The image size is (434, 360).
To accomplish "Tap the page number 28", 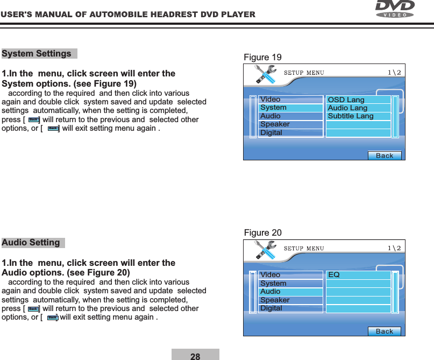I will tap(195, 356).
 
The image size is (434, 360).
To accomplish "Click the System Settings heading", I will tap(37, 54).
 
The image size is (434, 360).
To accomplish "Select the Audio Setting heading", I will tap(31, 242).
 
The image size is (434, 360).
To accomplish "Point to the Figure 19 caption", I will tap(262, 58).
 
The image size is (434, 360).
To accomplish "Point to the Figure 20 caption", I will tap(262, 232).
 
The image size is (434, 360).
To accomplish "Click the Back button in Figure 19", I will tap(385, 156).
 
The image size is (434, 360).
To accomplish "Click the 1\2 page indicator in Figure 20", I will tap(393, 248).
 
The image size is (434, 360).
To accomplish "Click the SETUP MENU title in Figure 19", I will tap(303, 73).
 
